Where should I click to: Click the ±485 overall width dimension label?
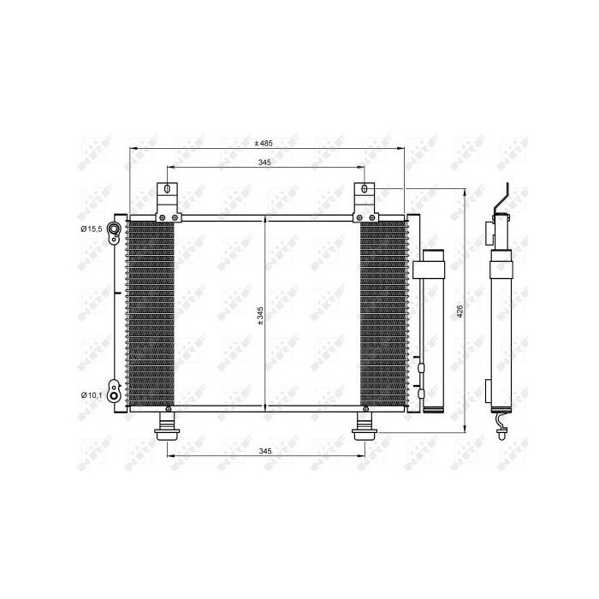click(x=264, y=142)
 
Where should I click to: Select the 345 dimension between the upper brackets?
click(x=264, y=162)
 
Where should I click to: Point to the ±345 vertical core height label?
click(x=259, y=317)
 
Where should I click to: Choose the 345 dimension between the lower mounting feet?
click(x=264, y=450)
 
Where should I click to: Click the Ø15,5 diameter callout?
click(x=92, y=228)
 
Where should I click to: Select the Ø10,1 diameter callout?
click(x=92, y=394)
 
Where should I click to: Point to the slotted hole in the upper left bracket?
click(x=167, y=190)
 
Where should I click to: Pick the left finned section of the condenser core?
click(x=151, y=315)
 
